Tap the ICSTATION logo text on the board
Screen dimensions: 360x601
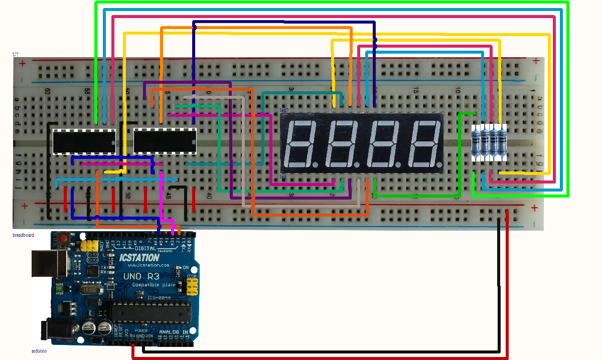point(139,258)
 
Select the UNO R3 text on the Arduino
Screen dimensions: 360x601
point(145,277)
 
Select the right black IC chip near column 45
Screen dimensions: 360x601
point(165,141)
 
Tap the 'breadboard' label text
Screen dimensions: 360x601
point(23,235)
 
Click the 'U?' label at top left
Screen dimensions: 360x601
point(16,54)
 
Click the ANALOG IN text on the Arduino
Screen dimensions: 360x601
point(173,332)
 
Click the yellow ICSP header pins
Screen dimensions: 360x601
point(191,287)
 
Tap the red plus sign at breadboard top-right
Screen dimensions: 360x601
point(536,61)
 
